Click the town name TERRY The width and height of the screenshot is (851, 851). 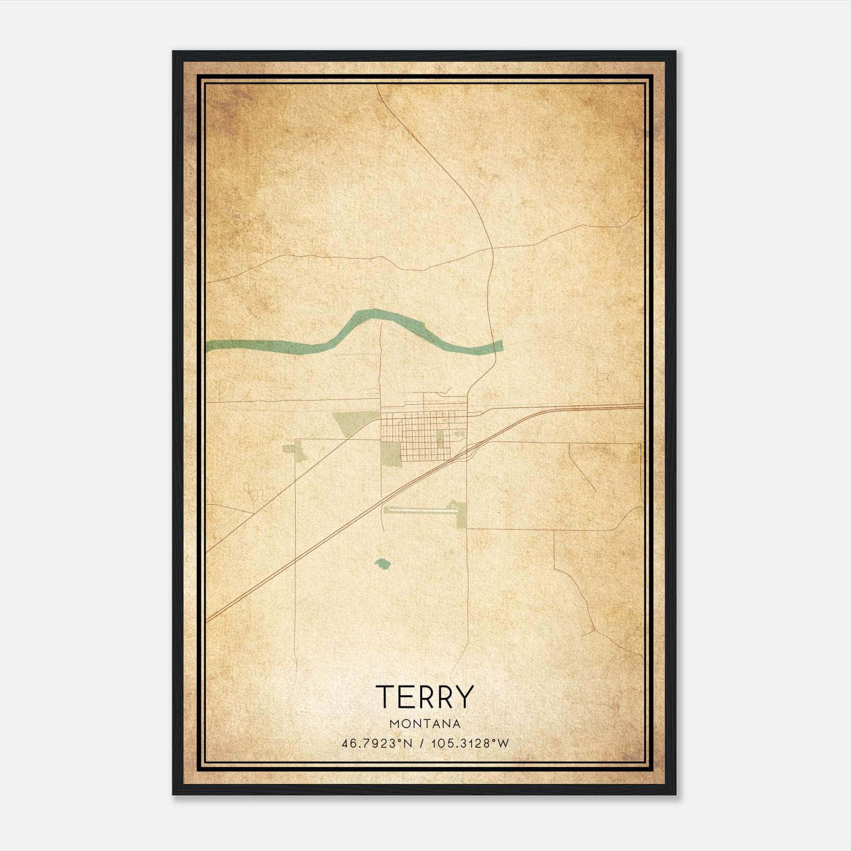coord(424,697)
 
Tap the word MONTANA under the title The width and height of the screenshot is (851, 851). coord(424,724)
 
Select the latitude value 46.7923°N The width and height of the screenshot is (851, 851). coord(377,744)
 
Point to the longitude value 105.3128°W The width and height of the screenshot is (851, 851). coord(470,744)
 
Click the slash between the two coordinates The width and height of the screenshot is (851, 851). coord(421,744)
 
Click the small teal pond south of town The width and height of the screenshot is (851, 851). coord(381,563)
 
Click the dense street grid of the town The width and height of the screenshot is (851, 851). coord(420,433)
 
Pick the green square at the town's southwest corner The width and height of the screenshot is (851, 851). coord(391,453)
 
